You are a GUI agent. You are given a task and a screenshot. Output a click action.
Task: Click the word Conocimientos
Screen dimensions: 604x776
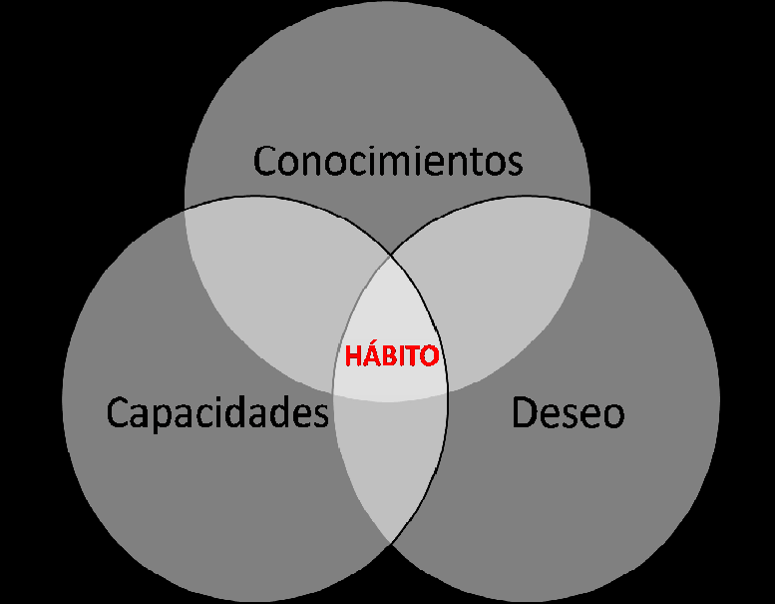(x=387, y=160)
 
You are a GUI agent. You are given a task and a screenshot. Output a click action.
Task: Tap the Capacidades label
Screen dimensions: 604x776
(x=217, y=412)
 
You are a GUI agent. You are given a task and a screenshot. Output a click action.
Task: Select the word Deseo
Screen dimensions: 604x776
(x=568, y=412)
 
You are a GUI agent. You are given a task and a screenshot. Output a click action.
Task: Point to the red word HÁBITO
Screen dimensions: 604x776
(x=391, y=356)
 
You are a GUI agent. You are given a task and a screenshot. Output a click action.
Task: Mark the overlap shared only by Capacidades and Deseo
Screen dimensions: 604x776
(x=390, y=469)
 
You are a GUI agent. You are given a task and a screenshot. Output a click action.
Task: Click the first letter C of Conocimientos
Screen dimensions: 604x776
(x=265, y=160)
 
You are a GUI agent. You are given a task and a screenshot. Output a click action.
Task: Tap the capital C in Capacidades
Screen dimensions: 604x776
(x=119, y=413)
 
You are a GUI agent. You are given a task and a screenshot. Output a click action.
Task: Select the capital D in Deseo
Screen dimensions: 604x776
(x=525, y=412)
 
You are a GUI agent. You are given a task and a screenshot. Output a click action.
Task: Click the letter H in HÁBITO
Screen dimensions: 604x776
(x=352, y=356)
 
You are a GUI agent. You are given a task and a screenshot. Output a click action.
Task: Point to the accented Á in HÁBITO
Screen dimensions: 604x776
(x=368, y=355)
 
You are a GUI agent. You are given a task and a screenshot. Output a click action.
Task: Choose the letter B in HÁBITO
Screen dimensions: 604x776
(x=384, y=356)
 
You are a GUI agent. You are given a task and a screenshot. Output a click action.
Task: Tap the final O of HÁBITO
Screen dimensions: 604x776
(x=429, y=356)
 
